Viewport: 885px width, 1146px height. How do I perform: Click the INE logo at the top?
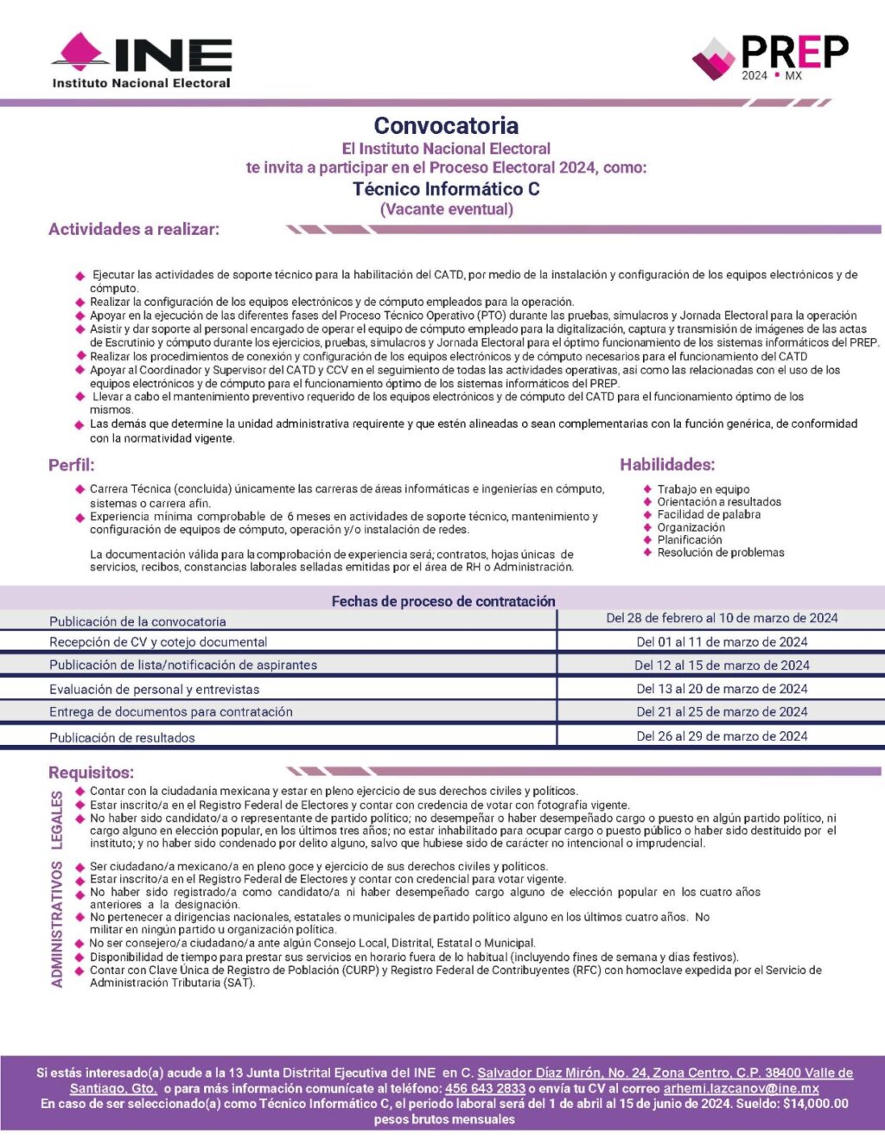pyautogui.click(x=143, y=60)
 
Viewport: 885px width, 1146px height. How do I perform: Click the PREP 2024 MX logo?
pyautogui.click(x=770, y=58)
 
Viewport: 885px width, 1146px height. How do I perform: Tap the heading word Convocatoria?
pyautogui.click(x=446, y=126)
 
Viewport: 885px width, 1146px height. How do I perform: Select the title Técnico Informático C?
pyautogui.click(x=446, y=188)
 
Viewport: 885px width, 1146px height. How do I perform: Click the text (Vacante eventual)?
pyautogui.click(x=446, y=209)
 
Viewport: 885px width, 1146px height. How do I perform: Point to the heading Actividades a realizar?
pyautogui.click(x=134, y=229)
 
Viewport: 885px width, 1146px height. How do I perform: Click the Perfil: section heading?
pyautogui.click(x=72, y=465)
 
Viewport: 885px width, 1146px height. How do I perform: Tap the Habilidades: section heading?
pyautogui.click(x=667, y=465)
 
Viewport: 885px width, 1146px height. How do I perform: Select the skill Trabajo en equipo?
pyautogui.click(x=704, y=489)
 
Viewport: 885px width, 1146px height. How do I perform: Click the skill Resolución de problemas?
pyautogui.click(x=721, y=552)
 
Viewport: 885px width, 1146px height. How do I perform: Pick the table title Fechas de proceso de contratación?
pyautogui.click(x=443, y=602)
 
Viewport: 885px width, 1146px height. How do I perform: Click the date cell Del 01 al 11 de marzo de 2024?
pyautogui.click(x=722, y=642)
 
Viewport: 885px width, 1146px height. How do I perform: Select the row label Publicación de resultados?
pyautogui.click(x=122, y=738)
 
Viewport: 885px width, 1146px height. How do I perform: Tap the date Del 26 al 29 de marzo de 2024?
pyautogui.click(x=722, y=736)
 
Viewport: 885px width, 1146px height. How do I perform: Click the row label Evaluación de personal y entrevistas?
pyautogui.click(x=154, y=690)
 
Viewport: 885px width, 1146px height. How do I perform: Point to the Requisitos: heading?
pyautogui.click(x=91, y=773)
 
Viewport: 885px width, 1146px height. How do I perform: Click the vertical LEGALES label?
pyautogui.click(x=57, y=820)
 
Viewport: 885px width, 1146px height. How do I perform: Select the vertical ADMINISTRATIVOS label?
pyautogui.click(x=57, y=924)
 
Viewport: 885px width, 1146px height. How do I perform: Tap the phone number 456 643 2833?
pyautogui.click(x=485, y=1089)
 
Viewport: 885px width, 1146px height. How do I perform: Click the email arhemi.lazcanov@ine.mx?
pyautogui.click(x=741, y=1089)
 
